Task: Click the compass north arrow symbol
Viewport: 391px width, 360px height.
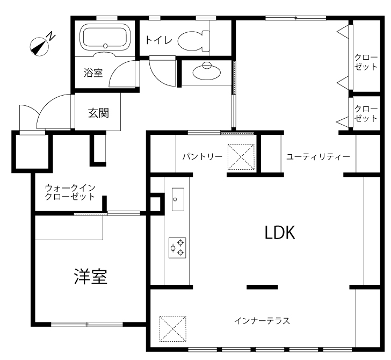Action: coord(39,47)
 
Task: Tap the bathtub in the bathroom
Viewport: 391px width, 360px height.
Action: coord(105,38)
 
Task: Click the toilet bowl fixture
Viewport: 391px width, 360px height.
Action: coord(193,40)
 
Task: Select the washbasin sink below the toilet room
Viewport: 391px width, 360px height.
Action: coord(207,71)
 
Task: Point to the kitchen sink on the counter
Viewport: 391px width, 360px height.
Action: coord(178,199)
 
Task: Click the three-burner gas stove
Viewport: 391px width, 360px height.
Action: coord(177,248)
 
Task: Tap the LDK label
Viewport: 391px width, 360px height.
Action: coord(280,233)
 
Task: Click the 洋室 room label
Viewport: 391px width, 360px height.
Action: coord(91,277)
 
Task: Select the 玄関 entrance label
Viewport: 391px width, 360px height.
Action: coord(98,113)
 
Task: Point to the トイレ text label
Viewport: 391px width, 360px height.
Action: coord(159,40)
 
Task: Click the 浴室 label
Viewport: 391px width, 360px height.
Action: coord(93,73)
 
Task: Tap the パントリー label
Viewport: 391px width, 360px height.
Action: coord(202,157)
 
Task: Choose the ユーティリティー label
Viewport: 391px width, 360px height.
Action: coord(318,157)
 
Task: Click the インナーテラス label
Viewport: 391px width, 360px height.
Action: coord(262,321)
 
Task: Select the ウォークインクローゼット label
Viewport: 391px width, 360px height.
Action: coord(70,192)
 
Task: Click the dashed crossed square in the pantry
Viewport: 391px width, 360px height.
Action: coord(241,157)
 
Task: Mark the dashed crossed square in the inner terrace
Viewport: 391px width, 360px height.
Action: coord(173,328)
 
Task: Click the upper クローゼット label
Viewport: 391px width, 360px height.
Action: coord(366,62)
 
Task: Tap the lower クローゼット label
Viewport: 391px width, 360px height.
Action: coord(366,113)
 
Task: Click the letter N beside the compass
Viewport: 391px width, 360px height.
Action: coord(52,36)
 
